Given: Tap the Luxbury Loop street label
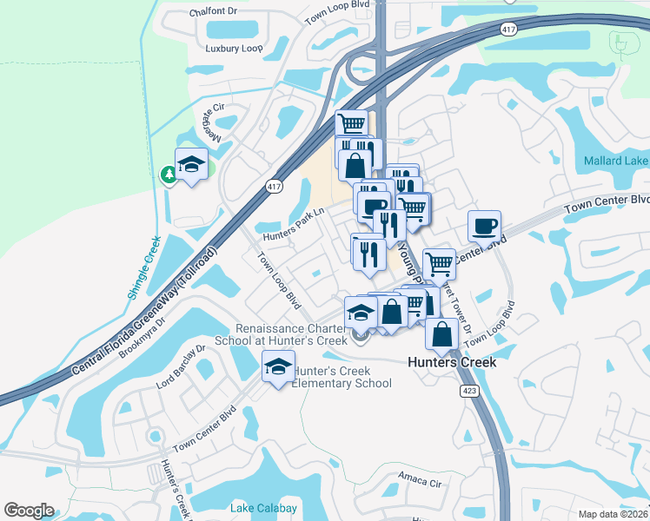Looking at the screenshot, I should pos(234,49).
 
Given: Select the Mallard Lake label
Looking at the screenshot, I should pos(615,161).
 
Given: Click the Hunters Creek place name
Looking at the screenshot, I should pos(453,362).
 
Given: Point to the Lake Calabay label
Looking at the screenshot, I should pos(264,508).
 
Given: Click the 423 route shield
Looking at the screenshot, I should pos(468,391).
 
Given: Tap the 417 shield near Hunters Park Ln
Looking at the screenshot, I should pos(275,187).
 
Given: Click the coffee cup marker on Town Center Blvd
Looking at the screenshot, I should pos(485,226).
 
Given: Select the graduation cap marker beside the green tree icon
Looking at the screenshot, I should pos(192,163).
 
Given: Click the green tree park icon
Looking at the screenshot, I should pos(169,175).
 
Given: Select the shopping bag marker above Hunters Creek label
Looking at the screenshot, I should pos(442,333).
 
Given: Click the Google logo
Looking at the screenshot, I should pos(29,511).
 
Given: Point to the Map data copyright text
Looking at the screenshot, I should pos(614,514).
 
